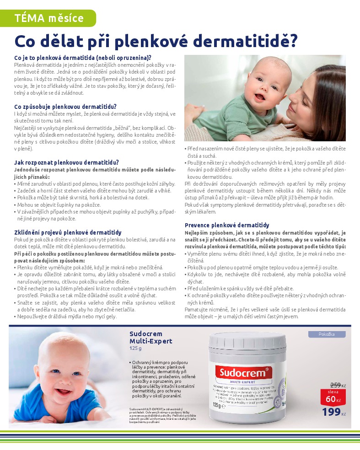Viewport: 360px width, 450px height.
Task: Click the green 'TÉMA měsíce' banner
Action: [48, 18]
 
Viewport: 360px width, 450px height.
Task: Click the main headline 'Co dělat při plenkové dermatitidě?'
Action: [156, 41]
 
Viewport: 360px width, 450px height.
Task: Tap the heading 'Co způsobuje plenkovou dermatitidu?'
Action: [65, 107]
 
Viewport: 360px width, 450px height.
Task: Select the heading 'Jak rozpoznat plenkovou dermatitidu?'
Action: [67, 162]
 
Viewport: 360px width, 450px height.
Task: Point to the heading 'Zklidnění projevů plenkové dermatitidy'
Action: [68, 232]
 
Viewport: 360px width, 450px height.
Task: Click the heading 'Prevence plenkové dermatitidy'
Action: [227, 225]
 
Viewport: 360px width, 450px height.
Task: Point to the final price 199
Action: [331, 412]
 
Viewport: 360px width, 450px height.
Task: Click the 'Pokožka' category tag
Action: [327, 334]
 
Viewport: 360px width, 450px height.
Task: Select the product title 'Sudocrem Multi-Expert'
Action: [150, 337]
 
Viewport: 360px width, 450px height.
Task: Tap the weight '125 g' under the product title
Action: [136, 348]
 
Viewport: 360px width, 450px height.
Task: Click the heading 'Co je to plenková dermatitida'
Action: [83, 58]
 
